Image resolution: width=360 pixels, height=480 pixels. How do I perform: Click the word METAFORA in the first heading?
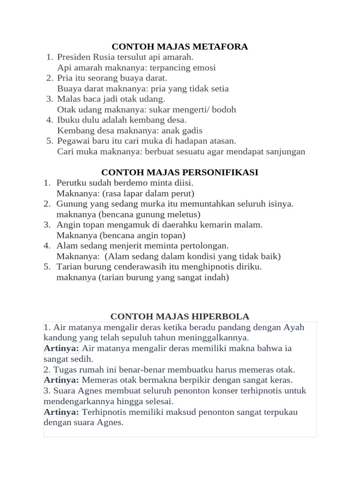click(224, 46)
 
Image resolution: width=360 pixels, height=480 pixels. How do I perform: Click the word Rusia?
click(105, 57)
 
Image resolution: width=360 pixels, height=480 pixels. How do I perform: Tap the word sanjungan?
click(285, 151)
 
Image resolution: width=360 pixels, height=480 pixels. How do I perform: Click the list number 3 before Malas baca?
click(49, 99)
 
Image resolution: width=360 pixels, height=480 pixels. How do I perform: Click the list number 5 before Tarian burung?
click(47, 266)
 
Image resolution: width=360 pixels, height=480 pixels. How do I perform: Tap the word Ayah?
click(294, 327)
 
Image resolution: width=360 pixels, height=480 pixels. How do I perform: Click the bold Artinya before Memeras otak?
click(61, 380)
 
